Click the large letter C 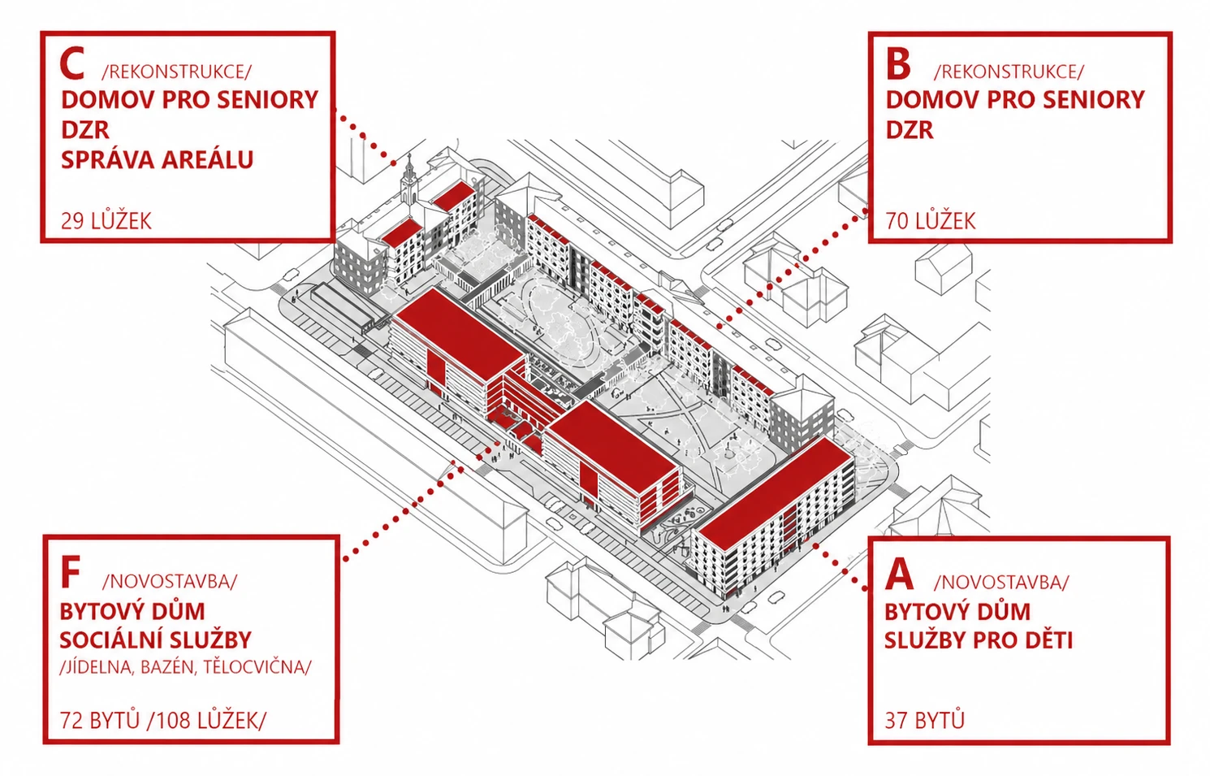(72, 63)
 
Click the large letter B (898, 64)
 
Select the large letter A (899, 574)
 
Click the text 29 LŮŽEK (106, 220)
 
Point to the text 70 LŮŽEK (931, 220)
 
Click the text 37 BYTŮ (924, 720)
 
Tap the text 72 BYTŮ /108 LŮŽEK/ (162, 720)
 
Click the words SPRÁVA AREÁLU (158, 159)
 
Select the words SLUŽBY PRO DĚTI (979, 640)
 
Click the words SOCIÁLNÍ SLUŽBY (156, 640)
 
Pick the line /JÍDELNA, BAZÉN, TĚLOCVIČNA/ (185, 667)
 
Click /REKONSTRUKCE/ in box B (1009, 72)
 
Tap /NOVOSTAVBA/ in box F (170, 581)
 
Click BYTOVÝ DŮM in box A (957, 611)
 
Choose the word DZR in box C (85, 130)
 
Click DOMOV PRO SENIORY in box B (1015, 100)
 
